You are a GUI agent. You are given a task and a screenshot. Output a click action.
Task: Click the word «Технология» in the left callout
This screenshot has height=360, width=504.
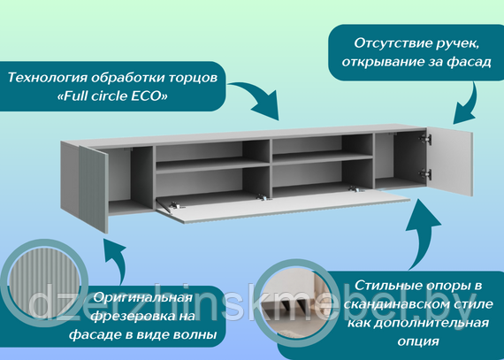coord(47,78)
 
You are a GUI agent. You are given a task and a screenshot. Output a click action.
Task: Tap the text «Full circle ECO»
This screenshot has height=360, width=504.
coord(112,96)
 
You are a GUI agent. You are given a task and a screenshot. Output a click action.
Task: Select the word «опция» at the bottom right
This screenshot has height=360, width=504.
coord(418,341)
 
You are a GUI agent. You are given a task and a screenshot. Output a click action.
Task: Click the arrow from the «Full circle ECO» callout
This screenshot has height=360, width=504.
coord(257,96)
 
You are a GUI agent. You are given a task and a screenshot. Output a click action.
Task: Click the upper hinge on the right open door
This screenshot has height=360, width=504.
coord(425,139)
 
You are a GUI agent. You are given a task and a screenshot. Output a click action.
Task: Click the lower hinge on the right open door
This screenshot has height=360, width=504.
coord(425,174)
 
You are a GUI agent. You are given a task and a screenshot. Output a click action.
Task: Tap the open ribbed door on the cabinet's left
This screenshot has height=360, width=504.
coord(93,189)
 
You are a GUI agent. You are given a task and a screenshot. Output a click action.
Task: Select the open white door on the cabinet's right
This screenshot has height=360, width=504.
coord(450,161)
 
